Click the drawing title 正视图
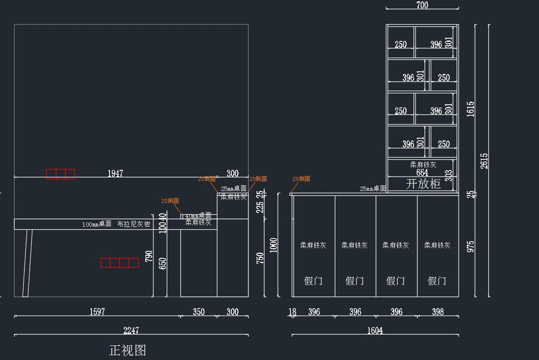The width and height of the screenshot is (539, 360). pyautogui.click(x=128, y=350)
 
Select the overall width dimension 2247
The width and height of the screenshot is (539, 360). pyautogui.click(x=131, y=330)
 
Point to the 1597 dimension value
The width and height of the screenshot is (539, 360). pyautogui.click(x=97, y=311)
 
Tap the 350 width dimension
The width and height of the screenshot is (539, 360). pyautogui.click(x=199, y=311)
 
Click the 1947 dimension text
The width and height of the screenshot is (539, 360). pyautogui.click(x=115, y=173)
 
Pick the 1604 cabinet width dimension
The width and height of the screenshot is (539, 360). pyautogui.click(x=375, y=330)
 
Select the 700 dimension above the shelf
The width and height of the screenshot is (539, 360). pyautogui.click(x=422, y=5)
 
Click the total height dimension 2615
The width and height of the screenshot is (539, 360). pyautogui.click(x=484, y=160)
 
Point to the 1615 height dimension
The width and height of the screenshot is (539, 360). pyautogui.click(x=470, y=109)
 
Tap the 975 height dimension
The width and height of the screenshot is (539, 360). pyautogui.click(x=470, y=246)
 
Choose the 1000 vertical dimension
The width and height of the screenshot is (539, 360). pyautogui.click(x=274, y=245)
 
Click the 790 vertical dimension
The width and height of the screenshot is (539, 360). pyautogui.click(x=149, y=257)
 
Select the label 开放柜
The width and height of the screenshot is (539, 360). pyautogui.click(x=423, y=183)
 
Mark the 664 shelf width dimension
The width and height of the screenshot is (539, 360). pyautogui.click(x=422, y=173)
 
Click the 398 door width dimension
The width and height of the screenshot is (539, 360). pyautogui.click(x=437, y=311)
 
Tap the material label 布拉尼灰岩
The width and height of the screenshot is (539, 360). pyautogui.click(x=134, y=224)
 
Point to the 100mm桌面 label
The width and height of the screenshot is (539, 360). pyautogui.click(x=97, y=224)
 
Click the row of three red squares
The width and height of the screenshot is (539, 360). pyautogui.click(x=61, y=174)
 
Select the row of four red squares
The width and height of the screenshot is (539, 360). pyautogui.click(x=119, y=262)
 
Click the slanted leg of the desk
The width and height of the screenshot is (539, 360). pyautogui.click(x=28, y=263)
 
